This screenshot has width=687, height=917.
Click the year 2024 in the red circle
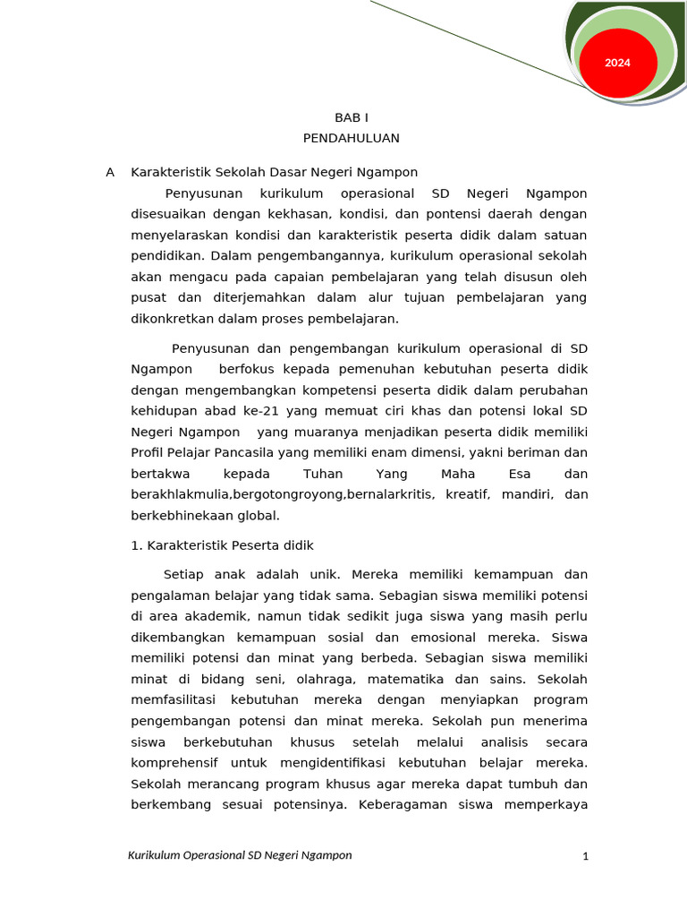pos(617,63)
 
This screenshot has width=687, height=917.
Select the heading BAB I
pos(351,117)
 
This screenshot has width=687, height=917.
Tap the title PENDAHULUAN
pos(351,138)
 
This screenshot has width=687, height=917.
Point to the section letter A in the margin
pos(110,172)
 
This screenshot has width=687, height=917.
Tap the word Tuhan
pos(323,474)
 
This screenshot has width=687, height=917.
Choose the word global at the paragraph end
pos(259,515)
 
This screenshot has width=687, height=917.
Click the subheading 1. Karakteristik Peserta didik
pos(222,545)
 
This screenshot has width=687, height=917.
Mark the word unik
pos(324,574)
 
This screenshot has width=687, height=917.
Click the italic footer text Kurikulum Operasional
pos(187,855)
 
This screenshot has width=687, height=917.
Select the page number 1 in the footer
pos(585,857)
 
